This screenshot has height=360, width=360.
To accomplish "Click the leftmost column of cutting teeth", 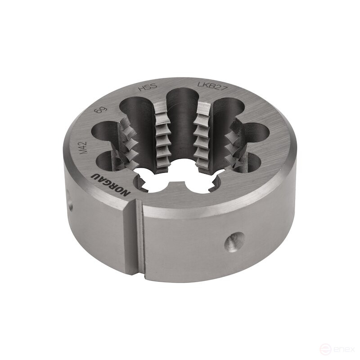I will pos(128,144).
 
